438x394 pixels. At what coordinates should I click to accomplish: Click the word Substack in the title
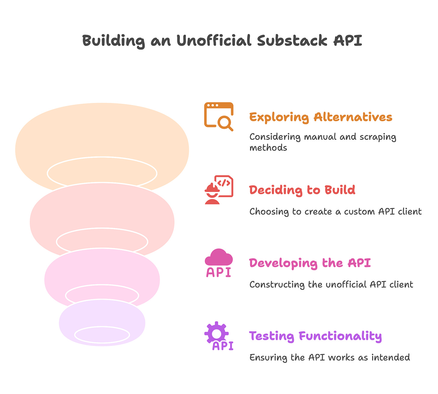(292, 41)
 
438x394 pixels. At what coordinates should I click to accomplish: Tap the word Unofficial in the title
(213, 41)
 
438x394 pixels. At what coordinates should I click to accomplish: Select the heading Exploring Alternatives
(321, 117)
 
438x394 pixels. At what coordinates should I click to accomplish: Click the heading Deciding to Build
(302, 190)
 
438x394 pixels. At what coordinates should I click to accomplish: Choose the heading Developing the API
(310, 263)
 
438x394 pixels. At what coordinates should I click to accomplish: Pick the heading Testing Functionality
(315, 336)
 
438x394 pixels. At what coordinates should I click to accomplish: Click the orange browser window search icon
(219, 116)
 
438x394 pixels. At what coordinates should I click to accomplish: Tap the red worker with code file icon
(219, 190)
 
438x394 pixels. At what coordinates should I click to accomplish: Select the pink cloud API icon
(219, 263)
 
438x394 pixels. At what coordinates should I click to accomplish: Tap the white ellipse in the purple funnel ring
(102, 335)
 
